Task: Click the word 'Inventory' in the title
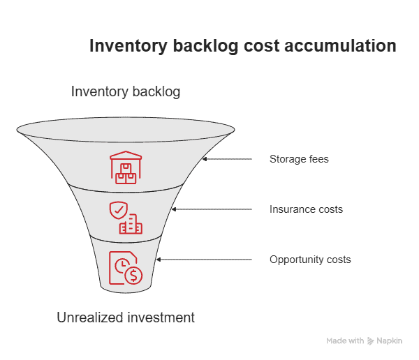(129, 47)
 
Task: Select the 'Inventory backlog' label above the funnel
(127, 91)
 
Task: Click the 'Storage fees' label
(300, 159)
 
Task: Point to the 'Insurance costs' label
(307, 209)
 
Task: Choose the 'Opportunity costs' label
(310, 260)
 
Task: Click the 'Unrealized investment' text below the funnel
(126, 317)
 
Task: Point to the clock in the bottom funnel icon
(120, 266)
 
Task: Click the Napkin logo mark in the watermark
(372, 341)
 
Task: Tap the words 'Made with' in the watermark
(345, 341)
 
